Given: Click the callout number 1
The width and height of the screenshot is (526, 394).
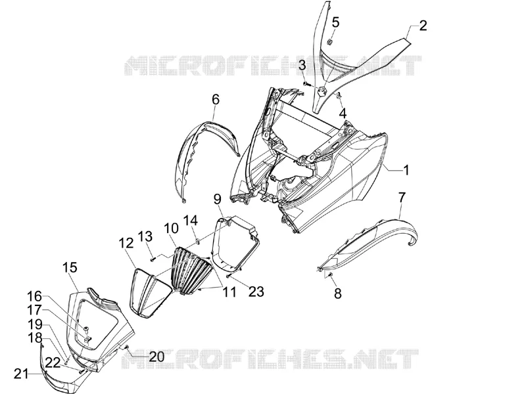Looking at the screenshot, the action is pos(406,170).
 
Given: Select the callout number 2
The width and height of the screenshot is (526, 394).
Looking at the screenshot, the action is pos(423,26).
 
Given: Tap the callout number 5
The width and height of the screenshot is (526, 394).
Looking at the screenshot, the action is pos(335,23).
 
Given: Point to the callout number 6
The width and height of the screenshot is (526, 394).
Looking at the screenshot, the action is pos(216,100).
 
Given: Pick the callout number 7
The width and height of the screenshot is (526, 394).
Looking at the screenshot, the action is pos(402,198).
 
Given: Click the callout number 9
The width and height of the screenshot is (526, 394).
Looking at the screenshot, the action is pos(218,200).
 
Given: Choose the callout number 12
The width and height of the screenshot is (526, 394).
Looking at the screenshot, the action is pos(126,243).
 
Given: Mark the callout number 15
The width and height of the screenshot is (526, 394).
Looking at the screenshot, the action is pos(70,268).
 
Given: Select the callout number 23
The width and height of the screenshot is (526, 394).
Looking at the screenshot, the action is pos(256,292).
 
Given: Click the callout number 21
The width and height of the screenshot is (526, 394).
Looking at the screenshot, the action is pos(22,374).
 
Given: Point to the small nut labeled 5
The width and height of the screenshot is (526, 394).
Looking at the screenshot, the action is pos(329,42).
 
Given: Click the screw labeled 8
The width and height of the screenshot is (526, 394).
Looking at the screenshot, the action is pos(330,274).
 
